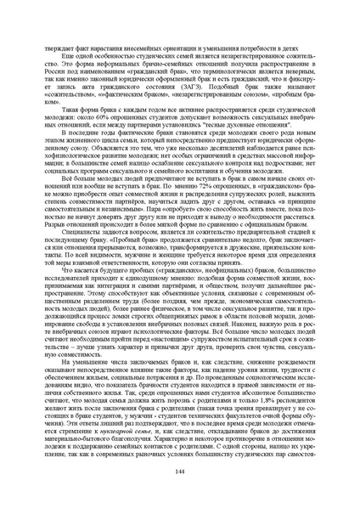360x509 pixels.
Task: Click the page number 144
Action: point(180,472)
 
